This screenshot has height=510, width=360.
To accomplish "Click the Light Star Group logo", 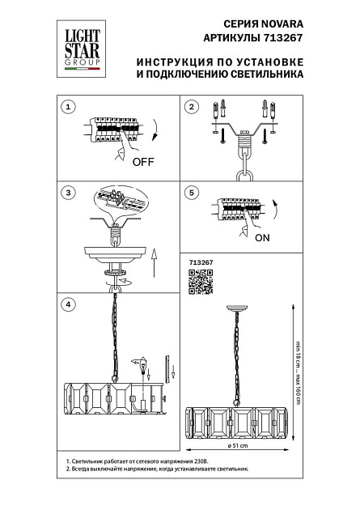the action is tap(81, 49).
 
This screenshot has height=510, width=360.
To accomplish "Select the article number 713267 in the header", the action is tap(282, 38).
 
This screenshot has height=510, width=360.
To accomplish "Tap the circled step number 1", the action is tap(68, 107).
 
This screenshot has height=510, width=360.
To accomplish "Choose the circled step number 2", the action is tap(192, 107).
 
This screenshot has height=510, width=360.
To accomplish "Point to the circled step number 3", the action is tap(68, 193).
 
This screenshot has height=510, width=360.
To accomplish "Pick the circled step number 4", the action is tap(68, 304).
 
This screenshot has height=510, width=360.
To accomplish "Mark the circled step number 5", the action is tap(192, 193).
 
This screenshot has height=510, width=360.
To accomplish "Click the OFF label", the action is tap(143, 162).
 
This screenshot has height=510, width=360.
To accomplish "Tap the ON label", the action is tap(262, 238).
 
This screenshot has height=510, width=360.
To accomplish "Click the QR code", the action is tap(201, 282).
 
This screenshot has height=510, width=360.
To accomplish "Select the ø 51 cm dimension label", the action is tap(238, 445).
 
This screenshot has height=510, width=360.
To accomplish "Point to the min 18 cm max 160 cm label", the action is tap(298, 372).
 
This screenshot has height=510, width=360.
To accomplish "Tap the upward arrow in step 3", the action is tap(155, 263).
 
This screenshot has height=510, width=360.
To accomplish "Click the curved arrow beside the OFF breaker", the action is tap(156, 130).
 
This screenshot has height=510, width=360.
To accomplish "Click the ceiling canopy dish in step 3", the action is tap(114, 255).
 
